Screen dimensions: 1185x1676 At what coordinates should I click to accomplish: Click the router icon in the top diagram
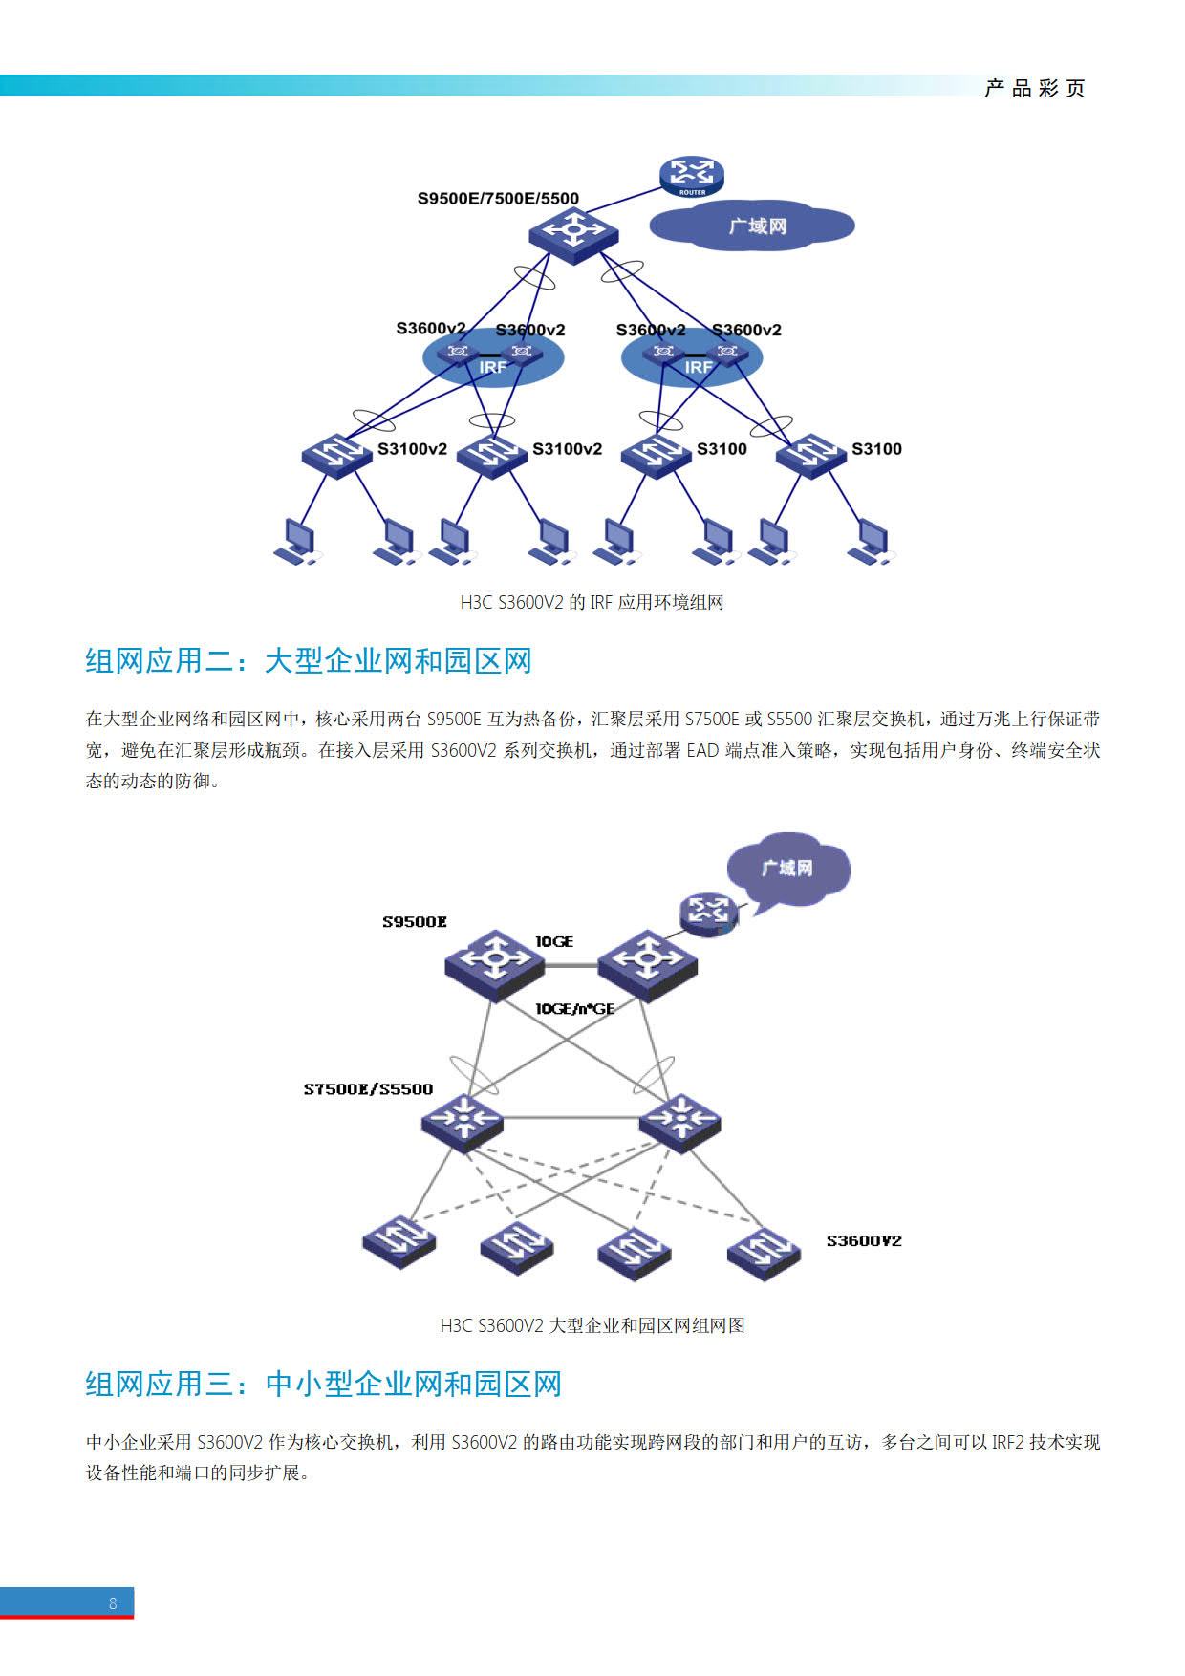(x=692, y=177)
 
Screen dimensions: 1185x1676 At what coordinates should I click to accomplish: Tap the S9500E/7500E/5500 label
(x=498, y=199)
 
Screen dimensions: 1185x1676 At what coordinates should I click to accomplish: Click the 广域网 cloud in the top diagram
(x=752, y=226)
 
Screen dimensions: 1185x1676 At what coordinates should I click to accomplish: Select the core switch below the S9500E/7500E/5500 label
(x=573, y=233)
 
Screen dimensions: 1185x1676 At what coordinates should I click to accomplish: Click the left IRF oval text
(x=493, y=368)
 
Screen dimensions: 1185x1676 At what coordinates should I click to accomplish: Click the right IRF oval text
(x=699, y=368)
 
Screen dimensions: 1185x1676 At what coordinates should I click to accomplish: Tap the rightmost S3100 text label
(x=876, y=449)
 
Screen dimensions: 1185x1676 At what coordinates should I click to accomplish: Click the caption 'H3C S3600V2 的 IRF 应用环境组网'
(x=592, y=602)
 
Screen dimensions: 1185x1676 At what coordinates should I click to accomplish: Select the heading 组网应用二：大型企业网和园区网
(x=308, y=660)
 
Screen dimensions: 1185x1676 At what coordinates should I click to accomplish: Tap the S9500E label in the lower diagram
(x=415, y=922)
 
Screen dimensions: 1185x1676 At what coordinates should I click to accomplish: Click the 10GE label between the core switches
(x=554, y=942)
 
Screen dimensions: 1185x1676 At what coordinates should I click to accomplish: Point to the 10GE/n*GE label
(x=575, y=1009)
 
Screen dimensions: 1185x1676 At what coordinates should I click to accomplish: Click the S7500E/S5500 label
(x=368, y=1089)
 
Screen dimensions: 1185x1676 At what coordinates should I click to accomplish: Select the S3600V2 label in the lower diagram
(x=864, y=1241)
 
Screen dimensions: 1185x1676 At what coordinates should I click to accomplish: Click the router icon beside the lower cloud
(x=709, y=913)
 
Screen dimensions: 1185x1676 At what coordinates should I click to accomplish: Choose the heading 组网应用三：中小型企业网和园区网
(x=323, y=1384)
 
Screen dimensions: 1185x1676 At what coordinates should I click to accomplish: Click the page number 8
(x=113, y=1603)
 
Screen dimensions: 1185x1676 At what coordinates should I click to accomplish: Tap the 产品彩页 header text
(x=1035, y=89)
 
